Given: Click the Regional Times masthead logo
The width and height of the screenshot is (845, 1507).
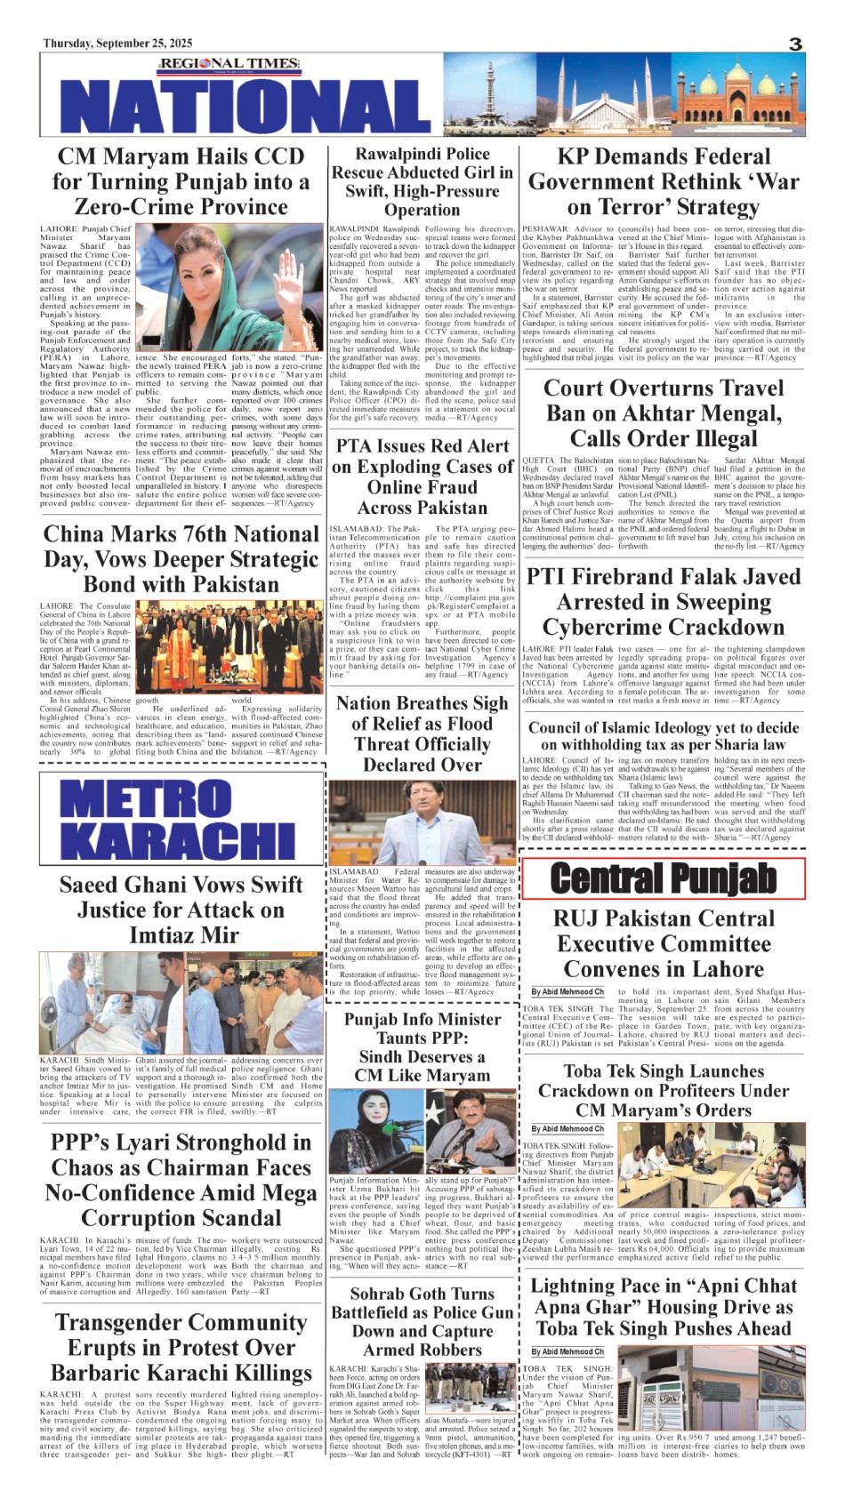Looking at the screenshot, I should click(x=229, y=63).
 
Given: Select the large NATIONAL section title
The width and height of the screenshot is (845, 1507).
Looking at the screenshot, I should click(x=242, y=106).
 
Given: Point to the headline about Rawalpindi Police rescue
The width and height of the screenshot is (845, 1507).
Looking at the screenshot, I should click(x=422, y=181).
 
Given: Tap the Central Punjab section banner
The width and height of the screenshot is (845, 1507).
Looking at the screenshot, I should click(x=663, y=878).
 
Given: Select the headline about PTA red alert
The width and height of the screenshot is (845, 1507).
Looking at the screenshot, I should click(x=422, y=477).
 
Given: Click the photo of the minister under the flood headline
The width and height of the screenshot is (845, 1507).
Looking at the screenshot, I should click(x=421, y=824).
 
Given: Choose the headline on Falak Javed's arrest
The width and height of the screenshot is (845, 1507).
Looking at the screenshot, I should click(x=664, y=602).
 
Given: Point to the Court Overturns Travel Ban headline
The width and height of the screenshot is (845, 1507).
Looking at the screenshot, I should click(x=664, y=413).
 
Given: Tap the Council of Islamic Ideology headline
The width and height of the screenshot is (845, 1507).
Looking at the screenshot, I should click(x=664, y=735).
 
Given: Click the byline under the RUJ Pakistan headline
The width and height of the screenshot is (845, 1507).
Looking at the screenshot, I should click(x=567, y=991).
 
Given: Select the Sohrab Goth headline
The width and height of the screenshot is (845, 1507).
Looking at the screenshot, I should click(x=422, y=1321).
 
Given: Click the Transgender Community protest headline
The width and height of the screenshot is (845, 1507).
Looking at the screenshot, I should click(x=181, y=1347).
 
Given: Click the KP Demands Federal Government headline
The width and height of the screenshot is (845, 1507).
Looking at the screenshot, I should click(x=664, y=181).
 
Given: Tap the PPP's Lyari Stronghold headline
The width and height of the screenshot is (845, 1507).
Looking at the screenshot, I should click(x=181, y=1180).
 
